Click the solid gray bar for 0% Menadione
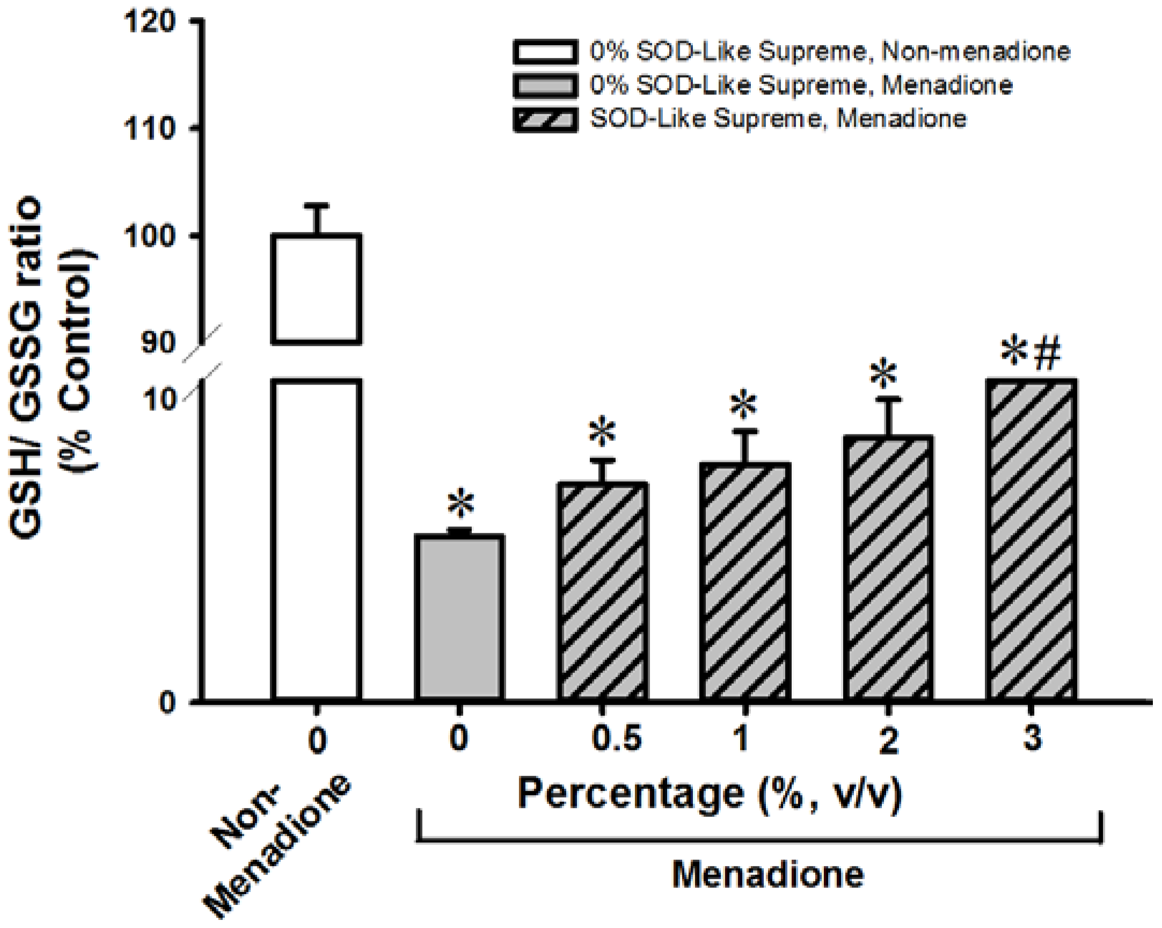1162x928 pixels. [x=460, y=618]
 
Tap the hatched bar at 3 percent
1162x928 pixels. [x=1032, y=539]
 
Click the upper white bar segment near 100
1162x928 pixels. [x=316, y=289]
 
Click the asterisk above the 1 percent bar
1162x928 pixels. [x=744, y=405]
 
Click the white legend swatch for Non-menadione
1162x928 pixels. [x=545, y=52]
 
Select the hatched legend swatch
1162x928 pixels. [x=545, y=119]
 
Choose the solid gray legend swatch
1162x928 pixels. [x=545, y=86]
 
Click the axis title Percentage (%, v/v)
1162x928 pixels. [x=709, y=793]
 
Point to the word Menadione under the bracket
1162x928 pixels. [x=768, y=874]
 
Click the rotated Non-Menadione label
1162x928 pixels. [x=277, y=846]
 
